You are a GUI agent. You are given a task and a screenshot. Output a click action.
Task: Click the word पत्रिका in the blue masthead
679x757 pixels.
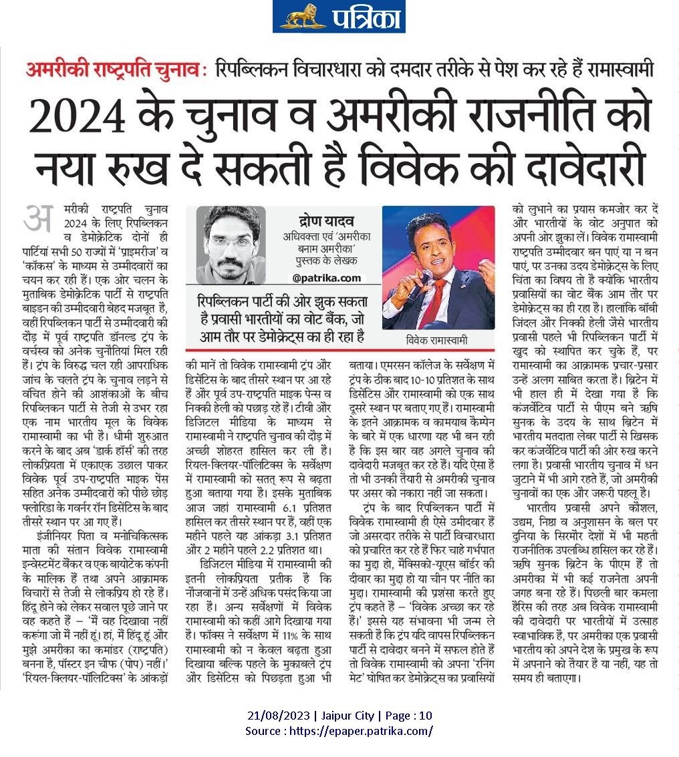(x=364, y=17)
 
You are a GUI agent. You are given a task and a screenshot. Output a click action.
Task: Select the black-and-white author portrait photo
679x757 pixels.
(x=231, y=244)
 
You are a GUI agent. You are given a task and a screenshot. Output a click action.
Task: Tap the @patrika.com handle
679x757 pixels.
(x=325, y=277)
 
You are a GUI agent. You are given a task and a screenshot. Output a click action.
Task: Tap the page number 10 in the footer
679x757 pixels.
(x=426, y=716)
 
